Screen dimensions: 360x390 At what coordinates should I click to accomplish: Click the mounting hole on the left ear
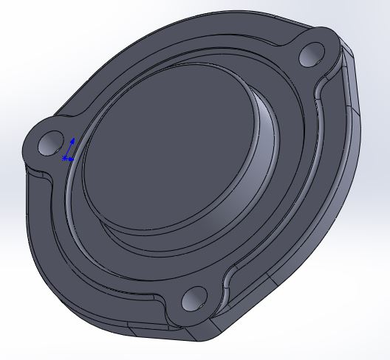(52, 142)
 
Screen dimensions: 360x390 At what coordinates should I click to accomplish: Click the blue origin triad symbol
(68, 150)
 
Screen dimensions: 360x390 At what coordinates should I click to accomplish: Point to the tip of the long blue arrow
(72, 139)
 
